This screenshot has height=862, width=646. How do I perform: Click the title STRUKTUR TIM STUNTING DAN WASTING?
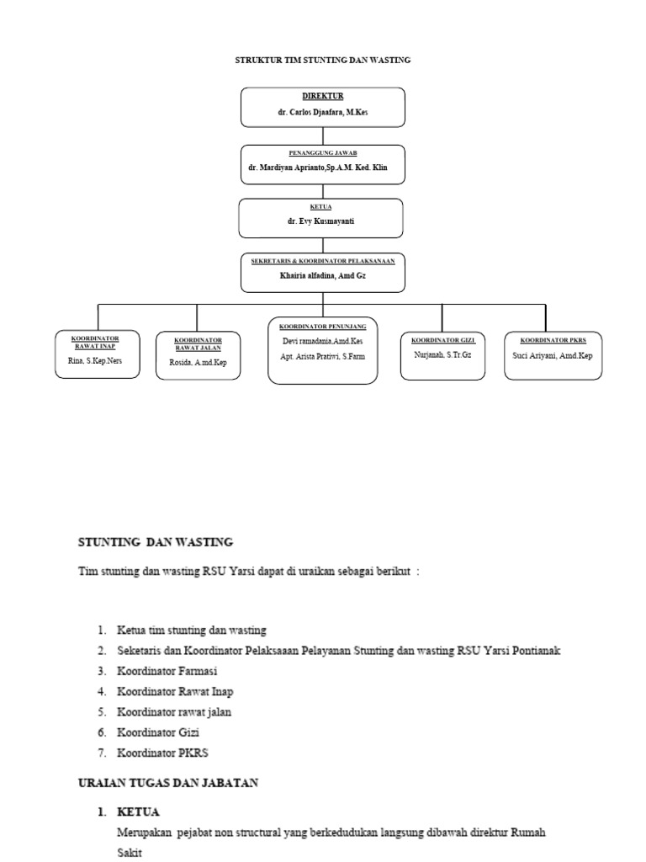pyautogui.click(x=322, y=61)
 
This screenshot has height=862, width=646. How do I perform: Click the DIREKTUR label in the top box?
pyautogui.click(x=323, y=97)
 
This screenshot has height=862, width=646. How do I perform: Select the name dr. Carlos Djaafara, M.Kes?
pyautogui.click(x=323, y=112)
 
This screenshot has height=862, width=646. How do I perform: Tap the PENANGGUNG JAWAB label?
pyautogui.click(x=323, y=154)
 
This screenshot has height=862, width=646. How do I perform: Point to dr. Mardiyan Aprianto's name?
pyautogui.click(x=323, y=168)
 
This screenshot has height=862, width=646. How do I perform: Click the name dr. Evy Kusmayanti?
pyautogui.click(x=323, y=221)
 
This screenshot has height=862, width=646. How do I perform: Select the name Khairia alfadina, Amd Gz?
pyautogui.click(x=323, y=275)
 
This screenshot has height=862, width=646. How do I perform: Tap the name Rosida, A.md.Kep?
pyautogui.click(x=198, y=363)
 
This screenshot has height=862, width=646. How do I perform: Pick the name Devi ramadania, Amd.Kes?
pyautogui.click(x=323, y=341)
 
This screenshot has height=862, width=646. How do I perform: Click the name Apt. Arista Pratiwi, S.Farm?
pyautogui.click(x=323, y=356)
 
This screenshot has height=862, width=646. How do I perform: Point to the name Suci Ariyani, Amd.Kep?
pyautogui.click(x=553, y=355)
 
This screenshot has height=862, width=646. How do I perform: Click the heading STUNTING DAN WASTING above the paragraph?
pyautogui.click(x=156, y=542)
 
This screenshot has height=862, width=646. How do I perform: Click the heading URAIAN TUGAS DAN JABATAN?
pyautogui.click(x=168, y=783)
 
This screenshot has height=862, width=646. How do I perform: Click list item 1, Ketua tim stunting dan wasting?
pyautogui.click(x=192, y=630)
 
